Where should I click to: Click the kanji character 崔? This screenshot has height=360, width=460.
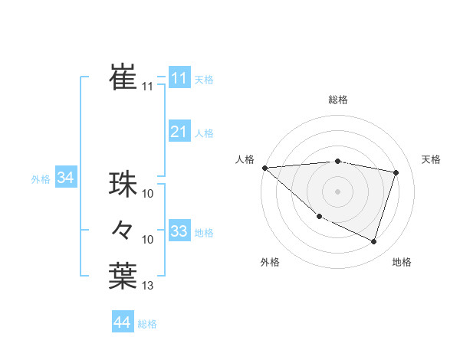click(123, 77)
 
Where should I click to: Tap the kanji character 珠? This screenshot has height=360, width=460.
click(123, 185)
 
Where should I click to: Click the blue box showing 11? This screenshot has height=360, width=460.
click(179, 77)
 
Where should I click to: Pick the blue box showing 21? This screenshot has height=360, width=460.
click(179, 132)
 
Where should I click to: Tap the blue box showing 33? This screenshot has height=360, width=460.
click(179, 231)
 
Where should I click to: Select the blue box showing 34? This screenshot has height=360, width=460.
click(66, 178)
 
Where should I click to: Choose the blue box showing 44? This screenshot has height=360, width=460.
click(122, 322)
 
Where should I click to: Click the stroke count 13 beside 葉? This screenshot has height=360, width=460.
click(148, 286)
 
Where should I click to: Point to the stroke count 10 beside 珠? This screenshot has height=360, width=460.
click(148, 194)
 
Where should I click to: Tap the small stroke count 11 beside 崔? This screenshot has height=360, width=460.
click(147, 87)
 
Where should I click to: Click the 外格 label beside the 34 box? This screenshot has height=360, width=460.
click(41, 179)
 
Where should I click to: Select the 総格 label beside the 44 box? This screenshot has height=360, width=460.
click(147, 324)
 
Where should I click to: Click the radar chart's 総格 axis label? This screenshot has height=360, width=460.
click(337, 100)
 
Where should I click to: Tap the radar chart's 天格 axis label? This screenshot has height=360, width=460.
click(432, 159)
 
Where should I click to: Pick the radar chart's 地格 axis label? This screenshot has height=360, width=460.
click(402, 262)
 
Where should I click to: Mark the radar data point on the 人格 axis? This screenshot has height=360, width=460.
click(264, 168)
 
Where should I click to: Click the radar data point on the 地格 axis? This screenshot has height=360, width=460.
click(373, 242)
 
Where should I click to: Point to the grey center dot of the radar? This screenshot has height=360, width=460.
click(337, 191)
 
